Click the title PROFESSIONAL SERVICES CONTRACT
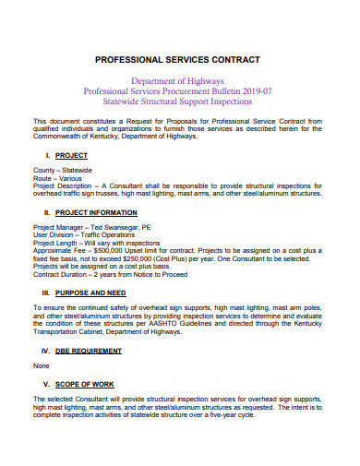(x=180, y=58)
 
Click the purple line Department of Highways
(x=179, y=80)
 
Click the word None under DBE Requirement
(x=42, y=365)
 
